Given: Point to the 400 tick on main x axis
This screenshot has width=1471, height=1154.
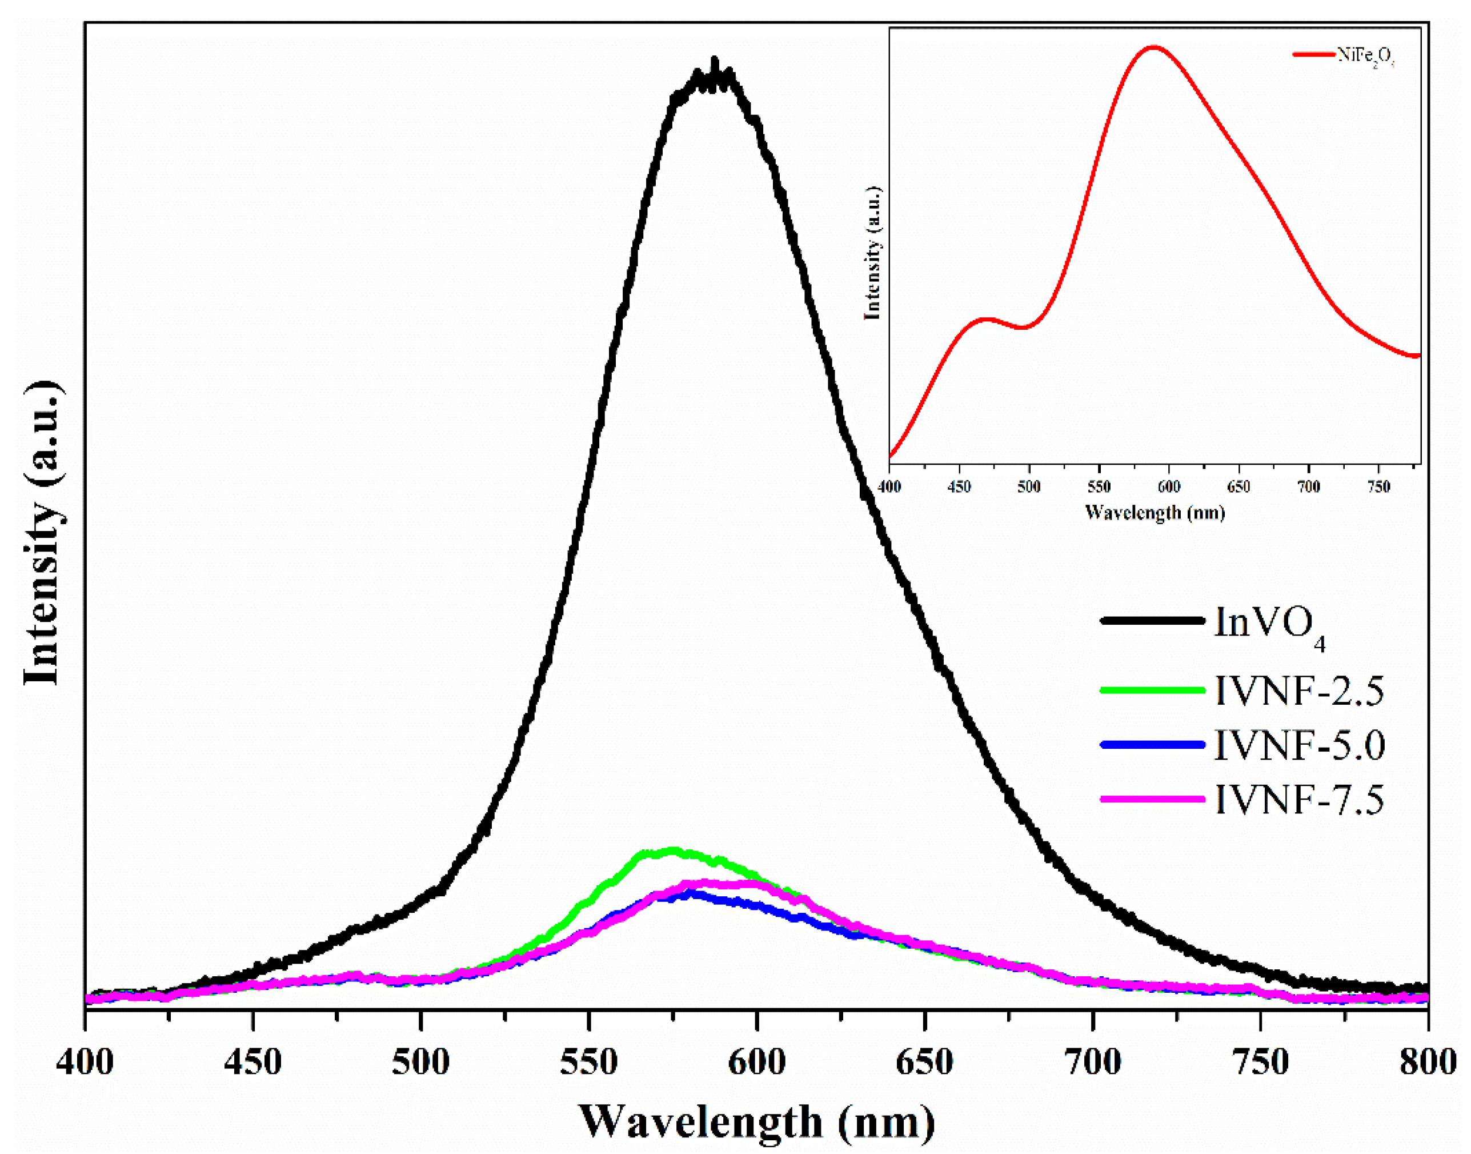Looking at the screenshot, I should (x=85, y=1062).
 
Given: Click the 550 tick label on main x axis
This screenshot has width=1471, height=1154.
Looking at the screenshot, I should (x=588, y=1062).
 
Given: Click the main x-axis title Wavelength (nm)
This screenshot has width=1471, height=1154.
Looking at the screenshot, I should (x=756, y=1122).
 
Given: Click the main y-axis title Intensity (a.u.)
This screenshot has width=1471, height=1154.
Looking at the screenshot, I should (x=43, y=534).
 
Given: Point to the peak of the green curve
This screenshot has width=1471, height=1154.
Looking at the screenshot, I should (x=671, y=850).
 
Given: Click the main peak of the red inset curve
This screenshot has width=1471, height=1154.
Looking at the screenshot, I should (x=1153, y=47).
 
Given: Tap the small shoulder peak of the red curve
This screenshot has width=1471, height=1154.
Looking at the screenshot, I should (x=987, y=318).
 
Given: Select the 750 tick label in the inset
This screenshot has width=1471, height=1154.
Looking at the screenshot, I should (x=1378, y=486).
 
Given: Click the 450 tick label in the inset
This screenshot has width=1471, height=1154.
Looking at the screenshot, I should (x=959, y=486).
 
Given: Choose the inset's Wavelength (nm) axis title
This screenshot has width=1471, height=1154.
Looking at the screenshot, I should (x=1155, y=512).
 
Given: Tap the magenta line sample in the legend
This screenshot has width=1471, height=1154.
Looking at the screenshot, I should (x=1152, y=799).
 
